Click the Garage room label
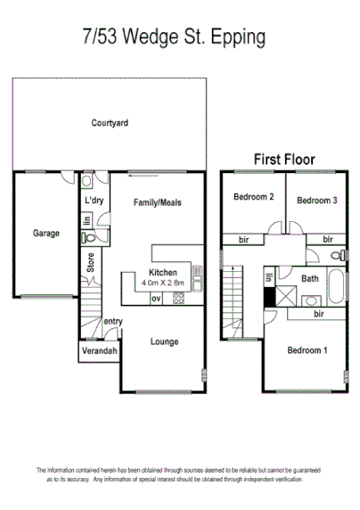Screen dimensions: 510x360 [x=46, y=234]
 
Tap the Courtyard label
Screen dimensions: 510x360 [x=110, y=123]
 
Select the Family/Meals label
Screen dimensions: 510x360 [x=158, y=202]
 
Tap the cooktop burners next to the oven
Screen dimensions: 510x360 [x=178, y=298]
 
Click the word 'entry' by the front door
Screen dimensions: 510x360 [x=113, y=322]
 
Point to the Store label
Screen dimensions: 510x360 [x=90, y=263]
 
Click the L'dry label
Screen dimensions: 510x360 [x=94, y=201]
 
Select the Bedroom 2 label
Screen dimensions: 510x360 [x=253, y=197]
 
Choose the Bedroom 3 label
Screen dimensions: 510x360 [x=315, y=200]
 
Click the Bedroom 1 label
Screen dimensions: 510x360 [x=307, y=350]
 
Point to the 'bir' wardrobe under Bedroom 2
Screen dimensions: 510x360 [x=244, y=239]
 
